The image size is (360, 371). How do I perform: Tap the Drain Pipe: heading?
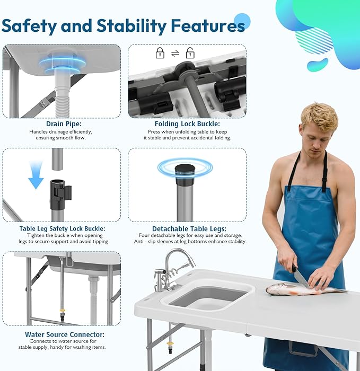click(x=61, y=123)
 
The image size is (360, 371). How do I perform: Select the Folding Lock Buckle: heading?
click(x=187, y=123)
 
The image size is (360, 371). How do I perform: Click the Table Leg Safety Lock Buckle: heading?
click(x=62, y=229)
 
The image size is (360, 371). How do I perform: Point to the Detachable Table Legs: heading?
click(x=187, y=229)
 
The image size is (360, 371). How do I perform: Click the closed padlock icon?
click(x=160, y=53)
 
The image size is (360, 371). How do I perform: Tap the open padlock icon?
click(x=190, y=53)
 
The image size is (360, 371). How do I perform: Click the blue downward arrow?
click(x=36, y=177)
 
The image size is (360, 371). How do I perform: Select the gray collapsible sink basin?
click(x=207, y=297)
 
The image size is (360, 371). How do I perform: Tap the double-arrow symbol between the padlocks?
click(x=174, y=54)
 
